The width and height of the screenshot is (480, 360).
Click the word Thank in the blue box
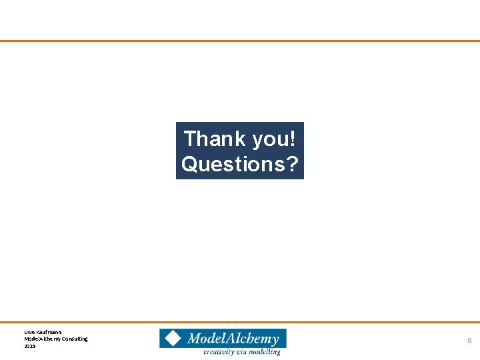pos(214,139)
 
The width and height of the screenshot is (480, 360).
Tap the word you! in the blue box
pos(275,139)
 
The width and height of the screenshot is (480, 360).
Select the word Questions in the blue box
pos(232,163)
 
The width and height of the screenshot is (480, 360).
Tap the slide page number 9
pos(469,341)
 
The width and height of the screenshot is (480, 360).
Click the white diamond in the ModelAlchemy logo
pos(173,338)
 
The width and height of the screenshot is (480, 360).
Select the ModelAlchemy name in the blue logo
pos(233,339)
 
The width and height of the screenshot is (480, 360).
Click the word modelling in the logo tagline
pos(265,351)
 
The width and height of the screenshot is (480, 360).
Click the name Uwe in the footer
pos(29,331)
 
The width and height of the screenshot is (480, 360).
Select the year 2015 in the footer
pos(29,346)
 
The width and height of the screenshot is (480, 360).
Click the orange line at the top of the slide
pos(240,41)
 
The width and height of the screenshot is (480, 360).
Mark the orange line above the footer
pos(240,323)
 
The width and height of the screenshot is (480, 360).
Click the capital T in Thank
pos(190,139)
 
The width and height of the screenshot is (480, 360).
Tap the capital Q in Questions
pos(189,163)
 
